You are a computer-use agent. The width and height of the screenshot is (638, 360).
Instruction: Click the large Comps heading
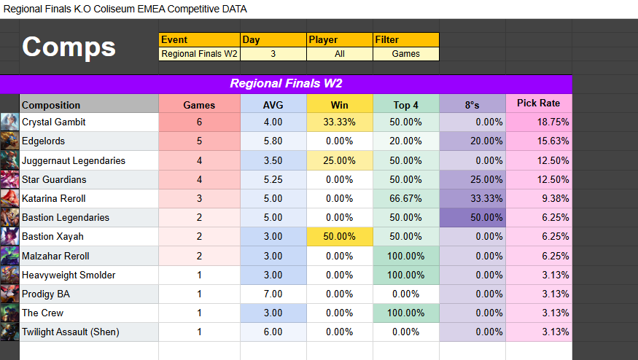pos(69,47)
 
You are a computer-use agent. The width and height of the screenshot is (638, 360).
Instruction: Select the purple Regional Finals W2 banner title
pos(286,83)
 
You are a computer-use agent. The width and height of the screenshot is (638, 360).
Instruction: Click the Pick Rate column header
pos(538,103)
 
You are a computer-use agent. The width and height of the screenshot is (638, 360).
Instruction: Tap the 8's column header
pos(472,105)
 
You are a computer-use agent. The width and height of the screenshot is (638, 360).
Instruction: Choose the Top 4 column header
pos(405,105)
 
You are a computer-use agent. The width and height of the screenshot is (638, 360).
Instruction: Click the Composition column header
pos(51,105)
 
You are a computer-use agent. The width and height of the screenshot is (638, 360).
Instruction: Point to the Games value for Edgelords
pos(199,141)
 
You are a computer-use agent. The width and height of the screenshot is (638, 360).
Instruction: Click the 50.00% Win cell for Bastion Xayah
pos(339,236)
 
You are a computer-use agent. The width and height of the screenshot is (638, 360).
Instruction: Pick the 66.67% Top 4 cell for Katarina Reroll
pos(405,198)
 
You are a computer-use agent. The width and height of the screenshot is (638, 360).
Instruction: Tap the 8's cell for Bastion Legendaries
pos(472,217)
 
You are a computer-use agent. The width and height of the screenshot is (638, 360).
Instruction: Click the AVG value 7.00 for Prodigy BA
pos(273,294)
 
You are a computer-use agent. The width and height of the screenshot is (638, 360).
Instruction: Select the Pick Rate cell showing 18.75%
pos(538,122)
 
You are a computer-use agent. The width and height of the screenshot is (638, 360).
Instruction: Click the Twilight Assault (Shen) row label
pos(70,332)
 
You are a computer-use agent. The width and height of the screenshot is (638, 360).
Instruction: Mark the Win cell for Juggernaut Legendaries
pos(339,160)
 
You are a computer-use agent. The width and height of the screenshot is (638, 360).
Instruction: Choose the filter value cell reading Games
pos(405,53)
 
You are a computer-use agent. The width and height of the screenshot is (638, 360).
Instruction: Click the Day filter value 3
pos(273,53)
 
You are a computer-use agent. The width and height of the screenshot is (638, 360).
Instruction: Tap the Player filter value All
pos(339,53)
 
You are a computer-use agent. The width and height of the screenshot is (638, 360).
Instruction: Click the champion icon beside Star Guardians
pos(9,179)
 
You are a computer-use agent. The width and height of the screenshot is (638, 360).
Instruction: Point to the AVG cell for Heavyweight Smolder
pos(273,275)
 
